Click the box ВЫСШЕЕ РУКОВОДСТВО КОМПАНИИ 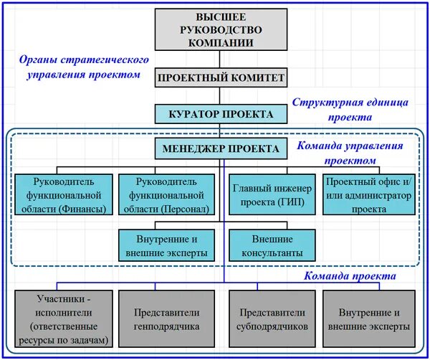pyautogui.click(x=222, y=29)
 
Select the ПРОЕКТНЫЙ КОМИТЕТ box pyautogui.click(x=222, y=78)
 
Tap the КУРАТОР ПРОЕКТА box pyautogui.click(x=222, y=115)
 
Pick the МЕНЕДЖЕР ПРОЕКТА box pyautogui.click(x=222, y=148)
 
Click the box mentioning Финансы pyautogui.click(x=64, y=194)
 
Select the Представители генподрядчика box pyautogui.click(x=166, y=318)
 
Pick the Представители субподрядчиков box pyautogui.click(x=270, y=318)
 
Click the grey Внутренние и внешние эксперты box pyautogui.click(x=368, y=318)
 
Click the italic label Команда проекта pyautogui.click(x=349, y=275)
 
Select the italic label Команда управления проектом pyautogui.click(x=349, y=151)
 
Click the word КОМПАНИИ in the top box pyautogui.click(x=222, y=42)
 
